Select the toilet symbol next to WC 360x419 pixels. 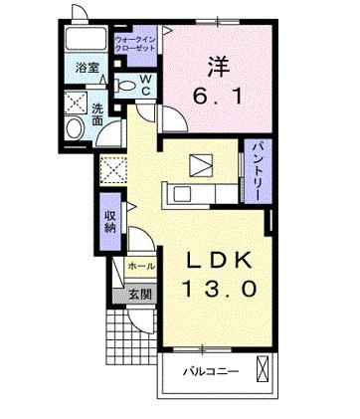tap(124, 86)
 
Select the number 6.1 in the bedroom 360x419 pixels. tap(217, 98)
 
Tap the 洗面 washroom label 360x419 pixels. tap(98, 113)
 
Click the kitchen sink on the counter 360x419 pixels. tap(184, 193)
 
